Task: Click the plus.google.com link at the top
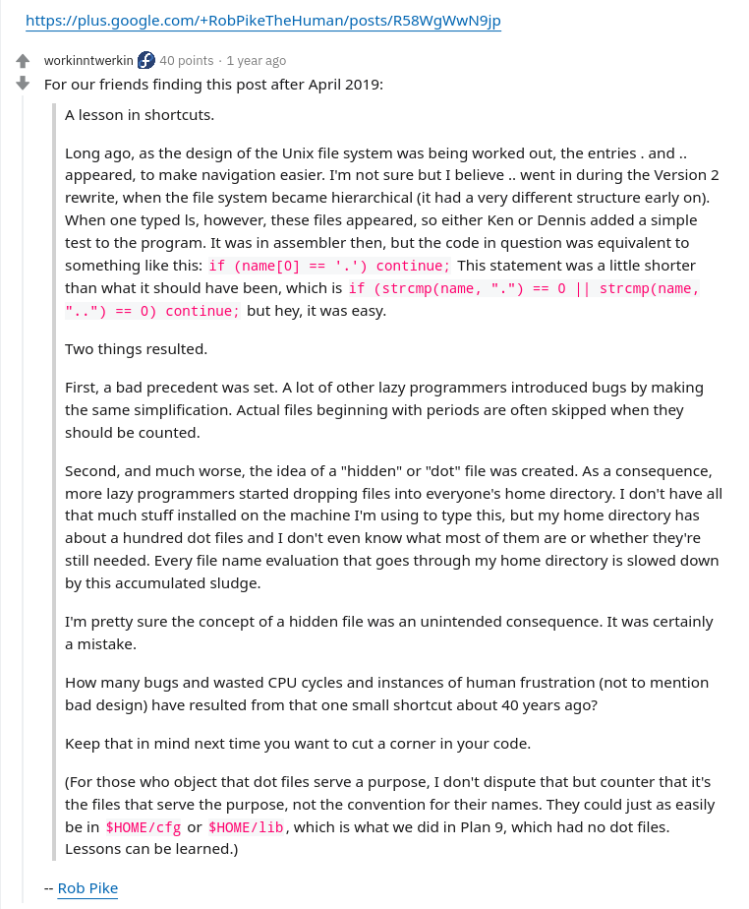pyautogui.click(x=262, y=20)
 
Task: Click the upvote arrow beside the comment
pyautogui.click(x=24, y=61)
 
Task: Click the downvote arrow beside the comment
pyautogui.click(x=24, y=84)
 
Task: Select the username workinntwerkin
pyautogui.click(x=88, y=61)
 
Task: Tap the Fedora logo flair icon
pyautogui.click(x=146, y=61)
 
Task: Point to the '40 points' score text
pyautogui.click(x=186, y=61)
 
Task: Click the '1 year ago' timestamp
pyautogui.click(x=256, y=61)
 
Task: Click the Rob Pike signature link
pyautogui.click(x=87, y=888)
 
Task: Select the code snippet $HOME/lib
pyautogui.click(x=246, y=827)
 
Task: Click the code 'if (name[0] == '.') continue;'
pyautogui.click(x=329, y=267)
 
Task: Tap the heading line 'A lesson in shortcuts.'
pyautogui.click(x=140, y=115)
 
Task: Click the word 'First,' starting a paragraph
pyautogui.click(x=86, y=388)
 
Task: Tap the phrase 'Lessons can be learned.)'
pyautogui.click(x=151, y=848)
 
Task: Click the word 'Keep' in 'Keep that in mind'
pyautogui.click(x=83, y=743)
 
